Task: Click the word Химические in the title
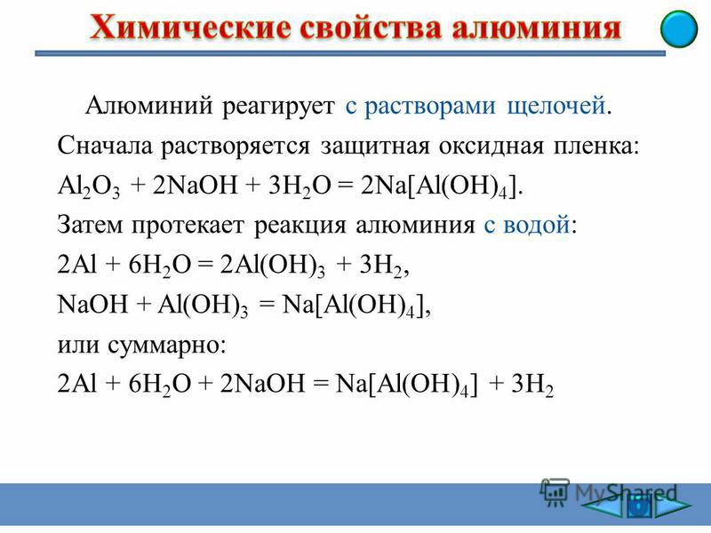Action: [x=190, y=28]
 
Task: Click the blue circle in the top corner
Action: [x=679, y=29]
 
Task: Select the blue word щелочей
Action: [x=556, y=107]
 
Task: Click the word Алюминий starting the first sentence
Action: [x=148, y=106]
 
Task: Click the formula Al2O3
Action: [x=89, y=187]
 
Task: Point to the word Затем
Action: [x=90, y=225]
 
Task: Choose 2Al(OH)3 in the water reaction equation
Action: [x=273, y=265]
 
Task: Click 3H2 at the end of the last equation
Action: [x=532, y=385]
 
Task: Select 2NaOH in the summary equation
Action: [x=262, y=384]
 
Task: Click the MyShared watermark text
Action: [x=627, y=492]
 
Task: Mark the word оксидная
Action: [x=491, y=147]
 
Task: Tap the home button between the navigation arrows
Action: [x=639, y=506]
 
